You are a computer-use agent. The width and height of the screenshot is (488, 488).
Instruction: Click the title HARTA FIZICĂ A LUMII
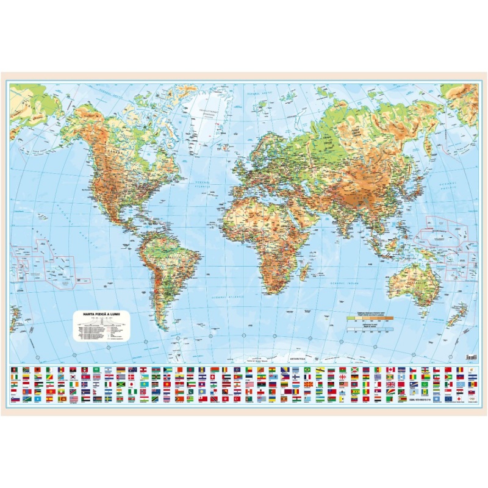pyautogui.click(x=102, y=314)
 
